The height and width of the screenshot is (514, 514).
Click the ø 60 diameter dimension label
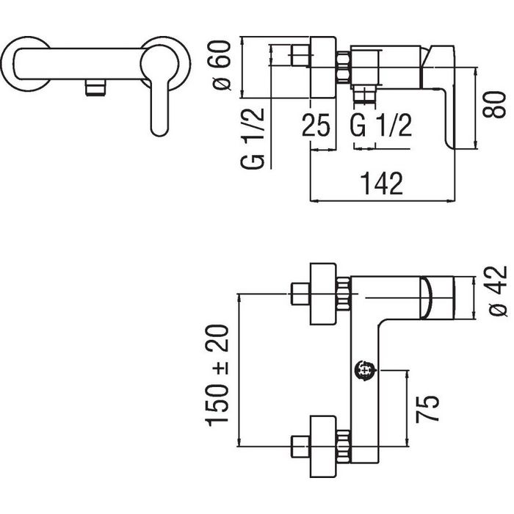coord(221,65)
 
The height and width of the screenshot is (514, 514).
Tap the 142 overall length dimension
coord(382,184)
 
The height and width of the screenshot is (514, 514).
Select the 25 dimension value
coord(316,126)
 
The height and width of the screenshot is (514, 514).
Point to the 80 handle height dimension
coord(494,104)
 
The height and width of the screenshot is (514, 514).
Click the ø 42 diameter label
coord(498,291)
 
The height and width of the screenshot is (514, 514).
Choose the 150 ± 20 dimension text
coord(217,376)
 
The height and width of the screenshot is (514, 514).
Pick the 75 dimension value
coord(427,409)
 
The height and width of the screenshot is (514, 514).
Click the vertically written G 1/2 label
coord(253,138)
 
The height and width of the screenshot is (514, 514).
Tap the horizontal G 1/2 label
coord(381,126)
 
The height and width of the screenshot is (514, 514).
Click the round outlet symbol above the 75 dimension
coord(366,370)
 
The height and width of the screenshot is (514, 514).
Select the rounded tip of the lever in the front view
coord(159,130)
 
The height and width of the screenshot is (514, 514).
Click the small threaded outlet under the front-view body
coord(95,88)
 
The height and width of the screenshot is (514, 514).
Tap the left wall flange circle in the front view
coord(26,64)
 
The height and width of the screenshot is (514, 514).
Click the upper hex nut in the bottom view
coord(344,294)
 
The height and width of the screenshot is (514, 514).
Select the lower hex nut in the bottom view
coord(344,446)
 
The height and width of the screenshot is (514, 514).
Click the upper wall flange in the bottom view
coord(323,294)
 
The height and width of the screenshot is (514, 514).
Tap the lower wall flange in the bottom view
coord(323,446)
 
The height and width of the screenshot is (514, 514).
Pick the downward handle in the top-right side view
coord(438,95)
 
